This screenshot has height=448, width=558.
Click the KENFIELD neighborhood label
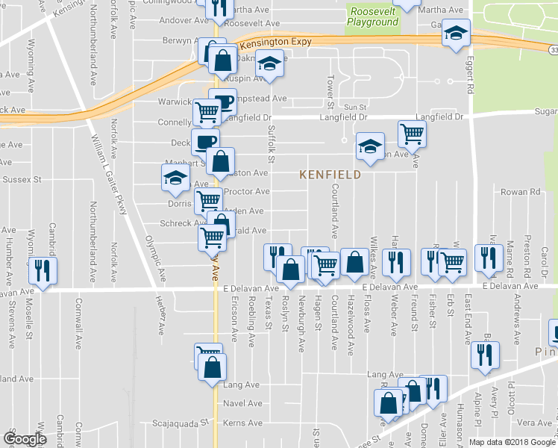pos(330,175)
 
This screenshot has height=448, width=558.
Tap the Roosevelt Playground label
pos(372,16)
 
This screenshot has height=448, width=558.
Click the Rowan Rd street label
pos(520,192)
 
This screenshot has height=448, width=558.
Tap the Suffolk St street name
pos(272,146)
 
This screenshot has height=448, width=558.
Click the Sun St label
pos(355,108)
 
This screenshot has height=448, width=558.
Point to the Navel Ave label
pos(243,403)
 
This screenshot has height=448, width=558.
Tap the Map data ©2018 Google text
pos(512,441)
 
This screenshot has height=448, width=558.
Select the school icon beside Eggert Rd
pos(456,33)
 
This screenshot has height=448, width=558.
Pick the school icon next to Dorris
pos(175,178)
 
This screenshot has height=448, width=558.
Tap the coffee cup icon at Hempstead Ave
pos(222,102)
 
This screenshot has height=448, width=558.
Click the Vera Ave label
pos(533,422)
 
